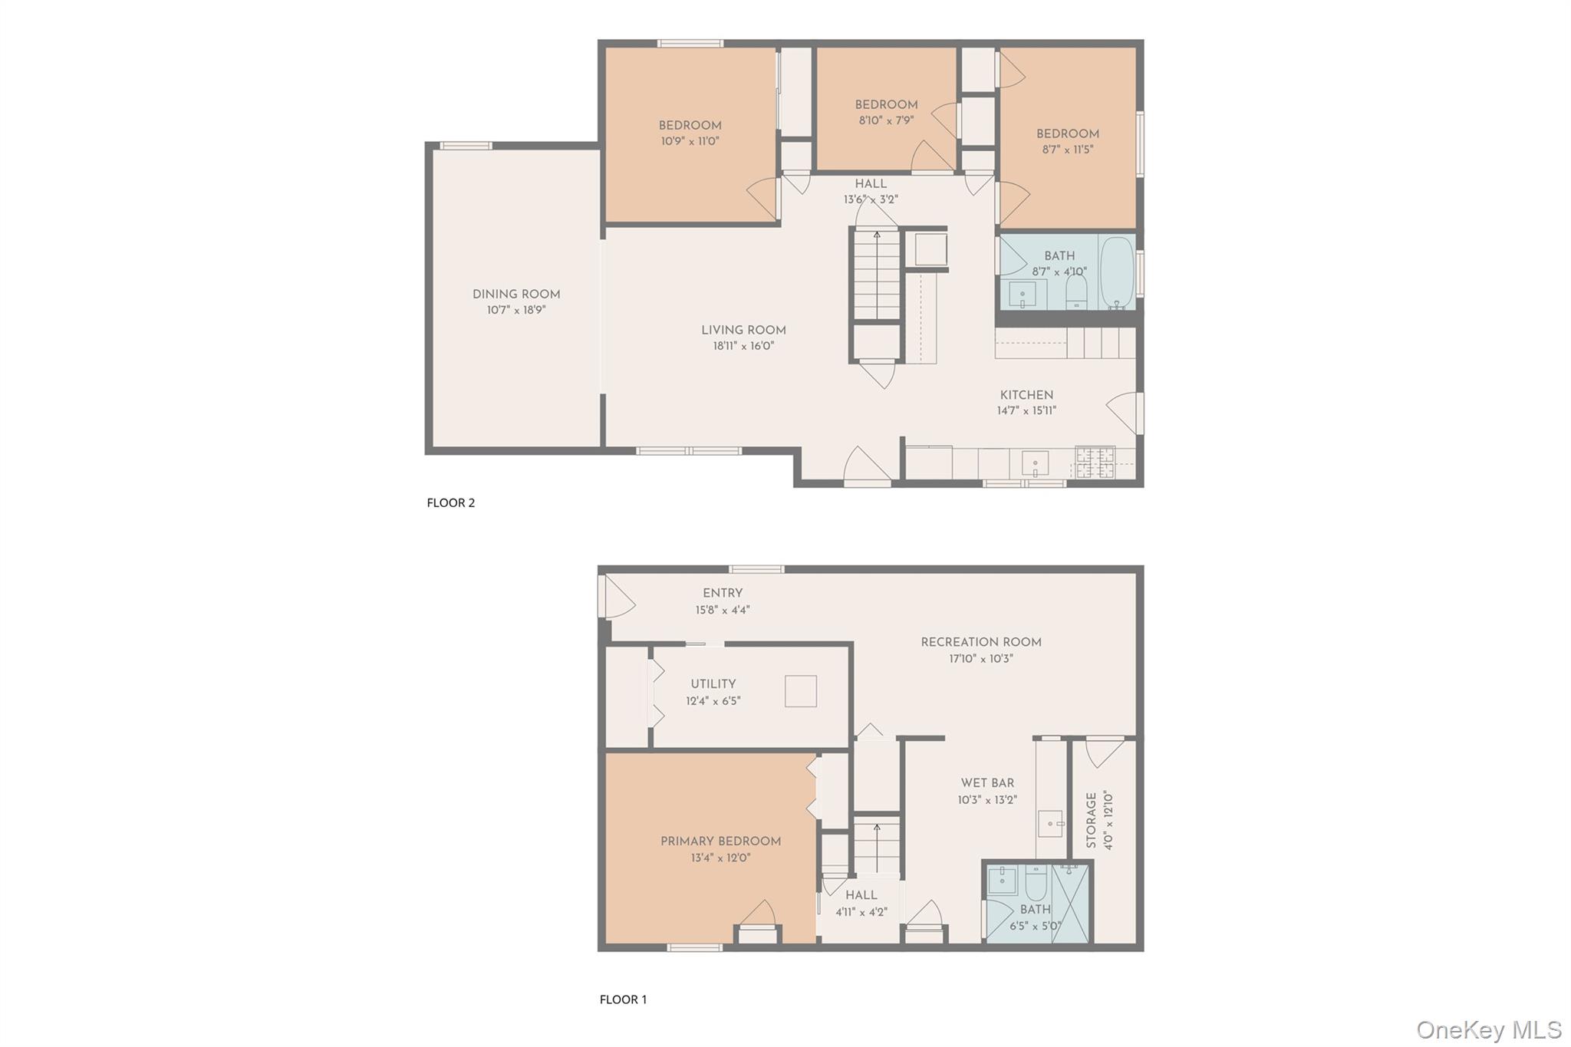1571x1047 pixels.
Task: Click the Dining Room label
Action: (515, 295)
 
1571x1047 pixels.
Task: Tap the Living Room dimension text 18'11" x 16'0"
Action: (743, 346)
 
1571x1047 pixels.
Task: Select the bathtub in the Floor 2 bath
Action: (1116, 272)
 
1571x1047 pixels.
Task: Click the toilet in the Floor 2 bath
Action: (1077, 291)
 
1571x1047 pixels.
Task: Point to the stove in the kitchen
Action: (1095, 463)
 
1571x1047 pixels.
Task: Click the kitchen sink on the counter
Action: (1035, 463)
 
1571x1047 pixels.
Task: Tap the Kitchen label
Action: (1026, 395)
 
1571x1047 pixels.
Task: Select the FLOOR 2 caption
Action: (451, 503)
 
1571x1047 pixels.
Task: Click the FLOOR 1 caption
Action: (623, 999)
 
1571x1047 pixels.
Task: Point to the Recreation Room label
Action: (980, 642)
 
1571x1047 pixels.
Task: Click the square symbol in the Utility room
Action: (800, 691)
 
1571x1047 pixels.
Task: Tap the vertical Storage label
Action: (1091, 820)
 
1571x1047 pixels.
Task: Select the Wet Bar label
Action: (987, 783)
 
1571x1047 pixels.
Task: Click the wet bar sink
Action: (1050, 824)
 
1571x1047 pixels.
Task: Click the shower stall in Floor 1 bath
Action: (1071, 902)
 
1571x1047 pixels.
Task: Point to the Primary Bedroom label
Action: (720, 841)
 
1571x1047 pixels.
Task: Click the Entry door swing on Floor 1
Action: (618, 597)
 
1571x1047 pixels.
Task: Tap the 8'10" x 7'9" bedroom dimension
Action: (886, 120)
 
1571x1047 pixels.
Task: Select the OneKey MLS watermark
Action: (1488, 1029)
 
